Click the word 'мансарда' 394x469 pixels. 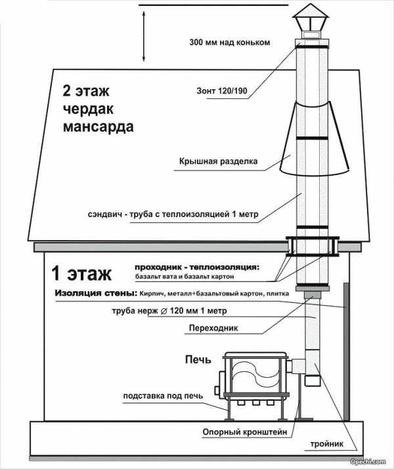click(98, 127)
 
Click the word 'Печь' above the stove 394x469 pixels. click(198, 359)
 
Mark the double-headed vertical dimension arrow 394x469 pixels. click(143, 36)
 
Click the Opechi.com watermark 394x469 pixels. click(374, 464)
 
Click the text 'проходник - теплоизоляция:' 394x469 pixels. click(196, 268)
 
